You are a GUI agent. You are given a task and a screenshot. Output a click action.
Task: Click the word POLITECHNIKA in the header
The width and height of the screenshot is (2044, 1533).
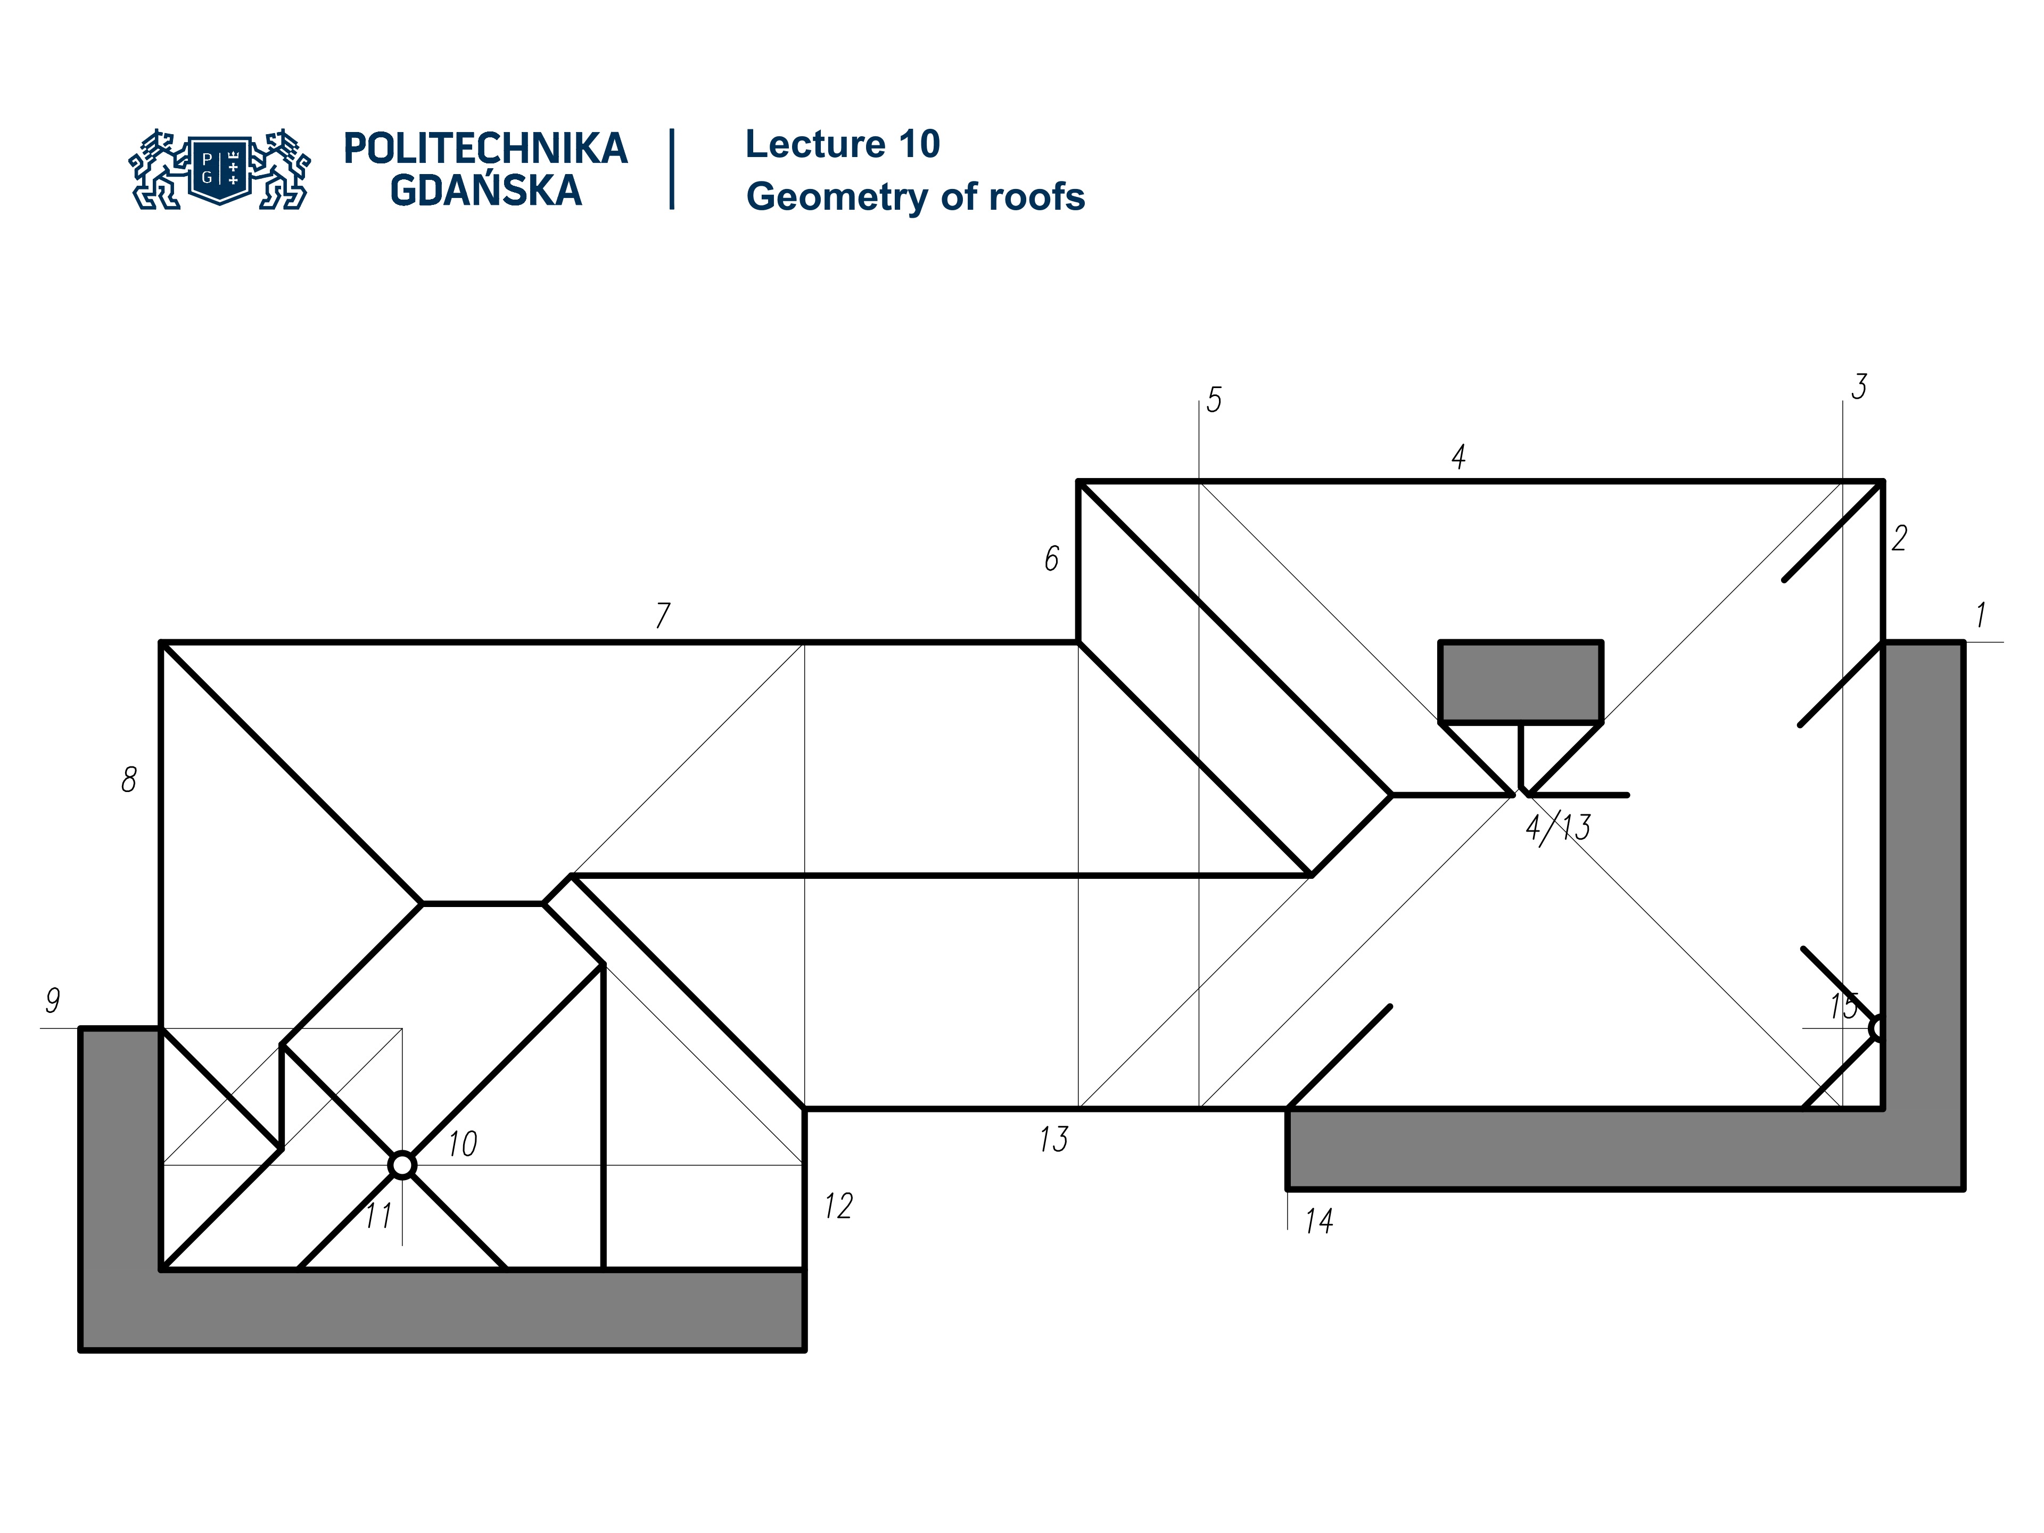(485, 149)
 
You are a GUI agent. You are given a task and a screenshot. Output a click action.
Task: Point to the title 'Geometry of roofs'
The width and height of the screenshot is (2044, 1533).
(915, 197)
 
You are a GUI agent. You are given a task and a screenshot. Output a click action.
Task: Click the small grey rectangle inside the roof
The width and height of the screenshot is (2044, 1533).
(1520, 681)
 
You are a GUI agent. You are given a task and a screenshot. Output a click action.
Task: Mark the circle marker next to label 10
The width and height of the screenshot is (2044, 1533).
(402, 1165)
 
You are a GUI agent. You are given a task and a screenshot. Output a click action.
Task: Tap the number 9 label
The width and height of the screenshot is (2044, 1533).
(53, 1000)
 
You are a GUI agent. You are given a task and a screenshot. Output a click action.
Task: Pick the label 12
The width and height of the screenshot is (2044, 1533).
(838, 1206)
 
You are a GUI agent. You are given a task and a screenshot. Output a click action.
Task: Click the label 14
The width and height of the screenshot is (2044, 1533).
(1318, 1222)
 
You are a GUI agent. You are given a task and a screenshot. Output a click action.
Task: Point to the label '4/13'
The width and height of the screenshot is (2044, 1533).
(1558, 828)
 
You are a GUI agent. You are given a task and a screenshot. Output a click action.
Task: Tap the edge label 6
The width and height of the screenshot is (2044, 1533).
(1052, 558)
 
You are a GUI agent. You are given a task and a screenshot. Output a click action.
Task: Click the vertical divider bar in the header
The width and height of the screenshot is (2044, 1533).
(672, 169)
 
